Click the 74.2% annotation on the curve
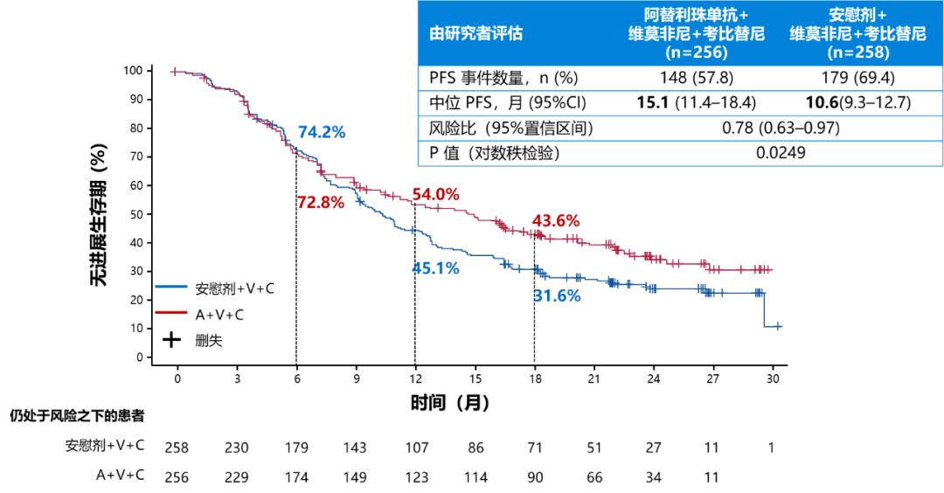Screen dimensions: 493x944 [322, 133]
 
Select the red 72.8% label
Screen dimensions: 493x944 [321, 203]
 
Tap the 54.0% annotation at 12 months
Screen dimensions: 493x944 [435, 195]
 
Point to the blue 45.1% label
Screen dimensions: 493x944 [435, 268]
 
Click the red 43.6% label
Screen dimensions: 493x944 [556, 221]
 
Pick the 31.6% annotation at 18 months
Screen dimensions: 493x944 [557, 296]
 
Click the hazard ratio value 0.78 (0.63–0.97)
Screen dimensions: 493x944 [781, 128]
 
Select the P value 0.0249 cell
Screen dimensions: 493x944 [781, 153]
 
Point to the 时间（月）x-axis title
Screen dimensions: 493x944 [450, 403]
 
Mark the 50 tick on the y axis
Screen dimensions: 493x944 [135, 214]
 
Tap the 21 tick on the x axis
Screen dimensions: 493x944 [593, 378]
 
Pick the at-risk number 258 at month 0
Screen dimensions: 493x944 [177, 448]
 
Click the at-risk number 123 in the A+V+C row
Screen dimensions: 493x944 [415, 476]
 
